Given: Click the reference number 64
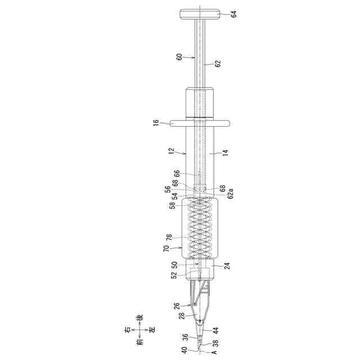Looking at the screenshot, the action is [x=234, y=14].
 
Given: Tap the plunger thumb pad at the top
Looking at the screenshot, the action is [x=200, y=14].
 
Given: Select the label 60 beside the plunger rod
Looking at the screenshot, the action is [x=179, y=57].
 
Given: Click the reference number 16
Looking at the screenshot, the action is [x=156, y=123].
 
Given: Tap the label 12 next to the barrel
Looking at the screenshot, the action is [x=172, y=151].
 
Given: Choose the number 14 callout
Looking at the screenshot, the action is [x=226, y=152].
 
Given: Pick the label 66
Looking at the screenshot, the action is [x=177, y=174].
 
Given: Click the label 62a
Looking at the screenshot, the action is [x=231, y=193].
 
